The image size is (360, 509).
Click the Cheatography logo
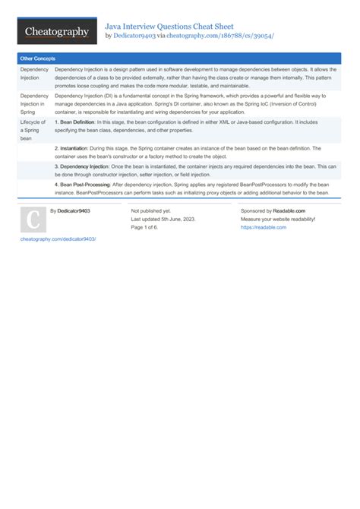coord(57,32)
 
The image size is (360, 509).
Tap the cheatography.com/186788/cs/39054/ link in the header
coord(220,36)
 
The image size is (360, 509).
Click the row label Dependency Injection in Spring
coord(34,103)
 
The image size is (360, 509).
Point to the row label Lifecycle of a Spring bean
coord(33,129)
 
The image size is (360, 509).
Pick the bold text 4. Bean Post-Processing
coord(83,184)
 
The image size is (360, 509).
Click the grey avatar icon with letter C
coord(33,220)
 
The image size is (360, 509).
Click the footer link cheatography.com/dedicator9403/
coord(58,239)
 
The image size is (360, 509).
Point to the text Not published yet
coord(151,210)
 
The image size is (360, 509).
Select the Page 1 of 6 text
coord(149,227)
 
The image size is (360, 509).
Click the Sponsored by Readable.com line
coord(273,210)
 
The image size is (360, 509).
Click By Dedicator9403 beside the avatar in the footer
coord(70,210)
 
